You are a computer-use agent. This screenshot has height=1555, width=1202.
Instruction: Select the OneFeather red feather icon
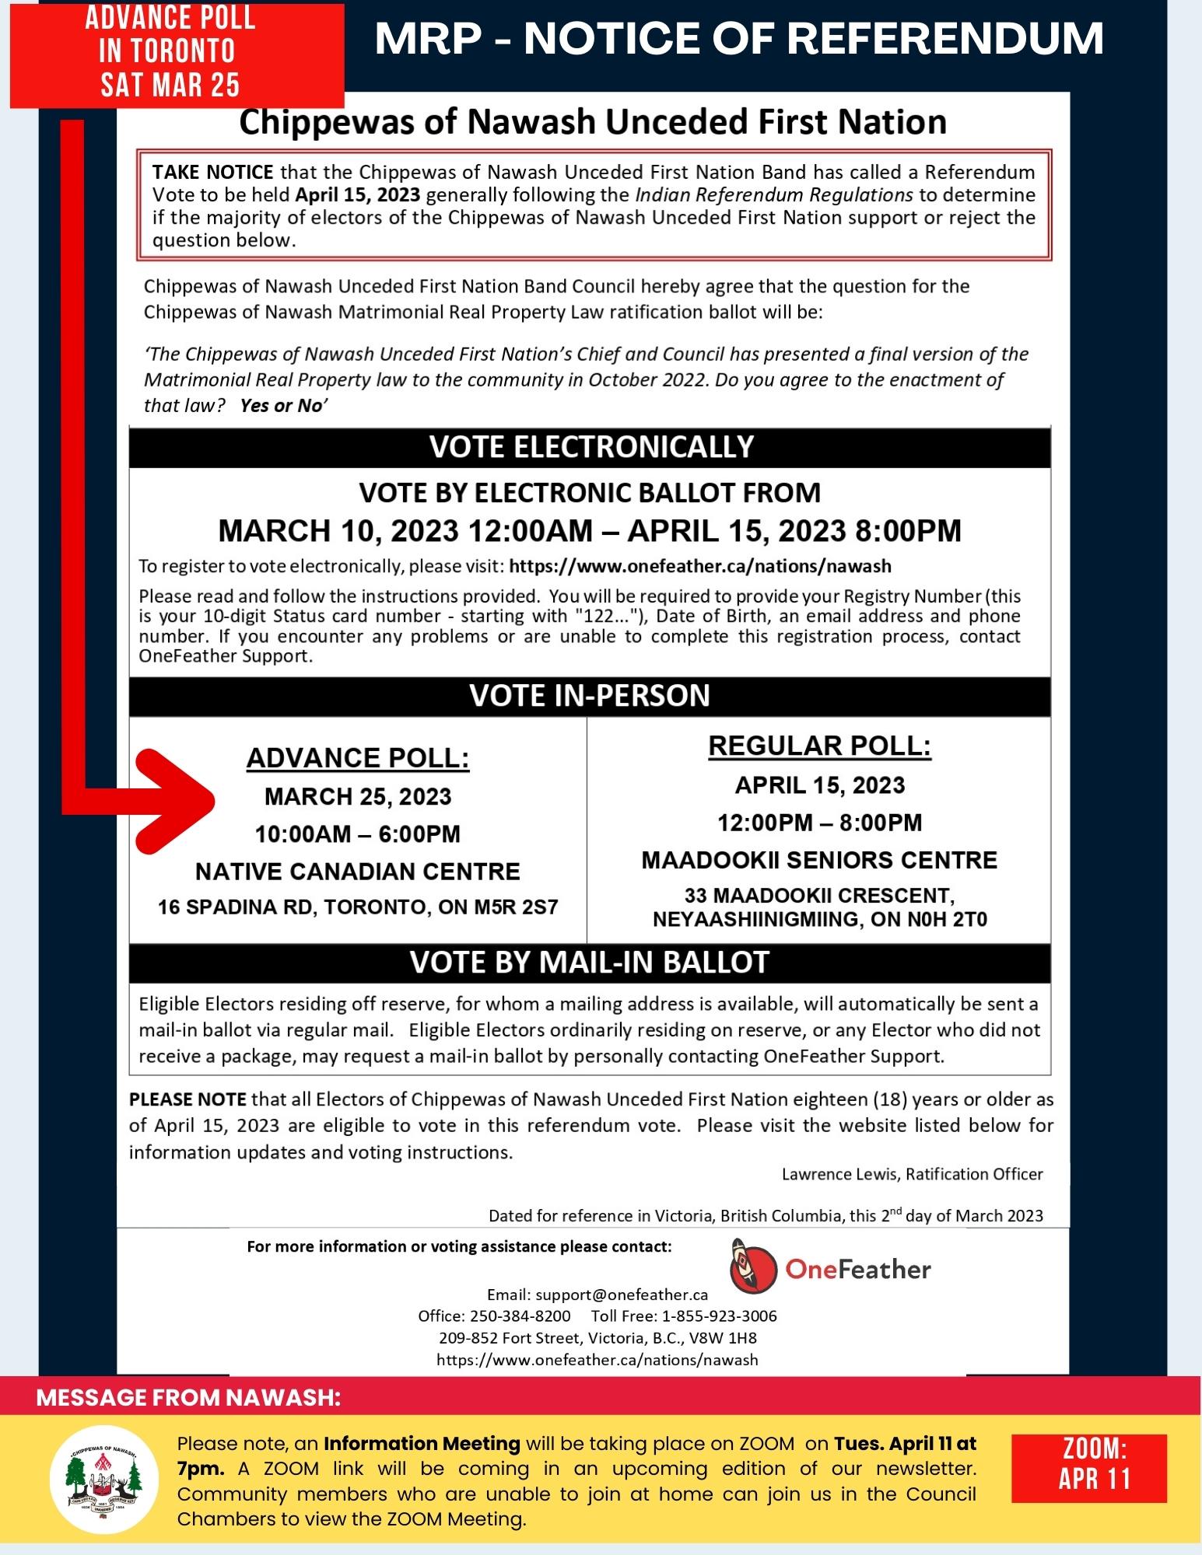pyautogui.click(x=753, y=1270)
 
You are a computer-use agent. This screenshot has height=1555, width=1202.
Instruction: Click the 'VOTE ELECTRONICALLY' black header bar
pyautogui.click(x=590, y=446)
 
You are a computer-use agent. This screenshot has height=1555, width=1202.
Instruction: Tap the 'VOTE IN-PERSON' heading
pyautogui.click(x=590, y=695)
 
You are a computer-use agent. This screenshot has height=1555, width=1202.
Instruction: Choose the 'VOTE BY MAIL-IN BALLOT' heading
pyautogui.click(x=590, y=963)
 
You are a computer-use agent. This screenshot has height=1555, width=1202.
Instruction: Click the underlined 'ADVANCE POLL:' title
pyautogui.click(x=358, y=758)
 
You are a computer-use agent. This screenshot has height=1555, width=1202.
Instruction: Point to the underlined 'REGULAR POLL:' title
pyautogui.click(x=819, y=746)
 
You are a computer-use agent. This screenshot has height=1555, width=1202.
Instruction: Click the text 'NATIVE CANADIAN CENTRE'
pyautogui.click(x=358, y=872)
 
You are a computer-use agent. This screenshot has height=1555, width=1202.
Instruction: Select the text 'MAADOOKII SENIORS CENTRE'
pyautogui.click(x=819, y=860)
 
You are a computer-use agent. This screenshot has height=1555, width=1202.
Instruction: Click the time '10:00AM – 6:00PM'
pyautogui.click(x=358, y=834)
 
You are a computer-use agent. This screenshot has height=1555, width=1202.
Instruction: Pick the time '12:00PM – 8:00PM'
pyautogui.click(x=819, y=823)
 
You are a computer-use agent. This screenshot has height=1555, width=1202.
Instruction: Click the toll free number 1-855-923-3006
pyautogui.click(x=719, y=1316)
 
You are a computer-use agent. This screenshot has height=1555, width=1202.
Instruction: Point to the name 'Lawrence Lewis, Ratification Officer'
pyautogui.click(x=912, y=1174)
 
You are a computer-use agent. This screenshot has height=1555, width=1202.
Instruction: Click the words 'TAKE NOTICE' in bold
pyautogui.click(x=212, y=172)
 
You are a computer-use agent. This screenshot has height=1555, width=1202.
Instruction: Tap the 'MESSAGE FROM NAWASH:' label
pyautogui.click(x=189, y=1397)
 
